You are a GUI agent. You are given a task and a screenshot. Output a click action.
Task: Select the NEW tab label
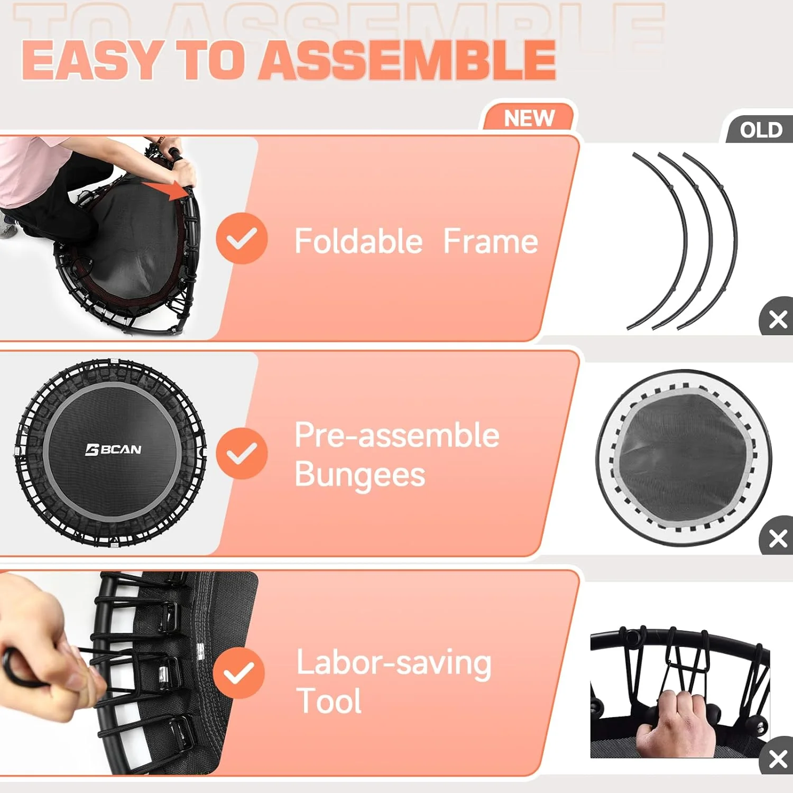(529, 118)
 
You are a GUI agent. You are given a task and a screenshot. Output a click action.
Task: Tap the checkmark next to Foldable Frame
(242, 238)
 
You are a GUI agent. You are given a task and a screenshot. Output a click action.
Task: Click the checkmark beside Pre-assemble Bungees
(242, 454)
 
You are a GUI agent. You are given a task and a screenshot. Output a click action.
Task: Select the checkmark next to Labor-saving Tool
(239, 672)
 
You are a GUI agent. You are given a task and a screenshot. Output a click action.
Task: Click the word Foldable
(358, 242)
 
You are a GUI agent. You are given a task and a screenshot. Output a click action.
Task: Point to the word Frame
(490, 242)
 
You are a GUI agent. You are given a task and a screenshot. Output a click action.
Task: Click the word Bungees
(359, 475)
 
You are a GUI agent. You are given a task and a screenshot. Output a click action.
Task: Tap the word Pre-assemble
(396, 435)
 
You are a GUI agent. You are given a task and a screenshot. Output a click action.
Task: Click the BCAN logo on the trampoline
(113, 449)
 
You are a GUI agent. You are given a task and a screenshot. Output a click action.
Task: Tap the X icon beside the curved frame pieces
(778, 319)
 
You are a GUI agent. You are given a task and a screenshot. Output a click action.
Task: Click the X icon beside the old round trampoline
(778, 539)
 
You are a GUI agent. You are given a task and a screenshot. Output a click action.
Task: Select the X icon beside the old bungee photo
(778, 759)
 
